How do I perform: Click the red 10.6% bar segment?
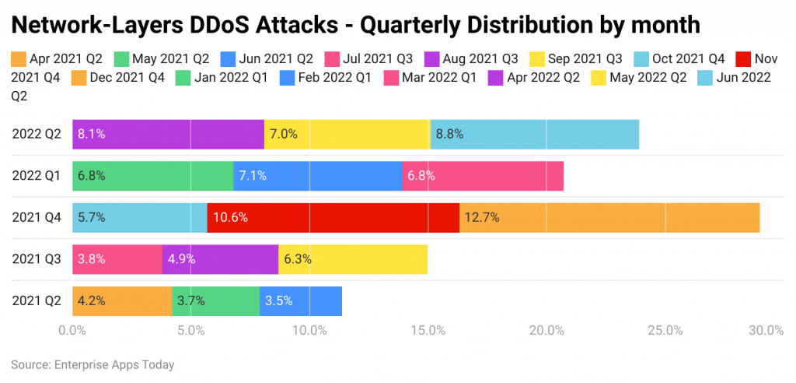333,217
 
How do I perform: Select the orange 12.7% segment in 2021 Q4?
609,217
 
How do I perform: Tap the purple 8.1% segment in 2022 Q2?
168,134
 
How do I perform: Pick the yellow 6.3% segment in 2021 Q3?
352,259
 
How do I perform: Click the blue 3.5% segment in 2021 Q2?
301,301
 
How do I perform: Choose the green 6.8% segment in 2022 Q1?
152,176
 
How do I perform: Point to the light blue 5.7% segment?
139,217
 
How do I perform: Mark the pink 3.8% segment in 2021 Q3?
117,259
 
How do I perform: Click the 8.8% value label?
449,134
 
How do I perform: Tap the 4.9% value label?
182,259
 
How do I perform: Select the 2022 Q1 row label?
36,176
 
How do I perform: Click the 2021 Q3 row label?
36,259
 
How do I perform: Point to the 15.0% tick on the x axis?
428,330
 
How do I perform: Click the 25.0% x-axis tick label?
665,330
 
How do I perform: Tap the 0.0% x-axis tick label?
72,330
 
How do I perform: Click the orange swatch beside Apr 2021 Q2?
19,58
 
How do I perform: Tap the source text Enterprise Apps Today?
113,364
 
